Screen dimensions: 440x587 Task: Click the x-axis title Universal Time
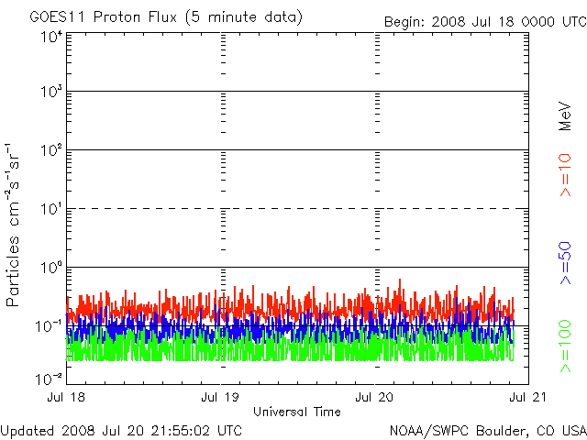tap(297, 412)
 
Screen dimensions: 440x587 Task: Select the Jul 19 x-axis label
tap(221, 398)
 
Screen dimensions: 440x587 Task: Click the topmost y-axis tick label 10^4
tap(51, 37)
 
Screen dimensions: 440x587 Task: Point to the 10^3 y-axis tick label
tap(51, 93)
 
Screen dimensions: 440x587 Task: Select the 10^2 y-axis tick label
tap(51, 151)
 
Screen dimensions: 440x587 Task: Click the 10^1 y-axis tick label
tap(51, 210)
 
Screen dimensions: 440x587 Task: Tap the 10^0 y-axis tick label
tap(51, 269)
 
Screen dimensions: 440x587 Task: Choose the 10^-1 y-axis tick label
tap(50, 327)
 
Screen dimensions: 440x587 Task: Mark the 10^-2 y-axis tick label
tap(50, 378)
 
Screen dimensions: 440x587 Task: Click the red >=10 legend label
tap(565, 176)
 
